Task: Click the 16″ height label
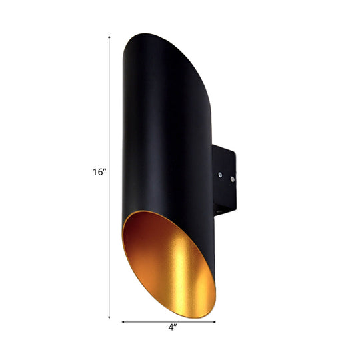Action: point(100,171)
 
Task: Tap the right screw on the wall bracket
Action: point(232,179)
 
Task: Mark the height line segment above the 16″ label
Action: point(109,100)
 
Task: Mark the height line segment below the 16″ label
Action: point(109,240)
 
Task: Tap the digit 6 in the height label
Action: point(101,171)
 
